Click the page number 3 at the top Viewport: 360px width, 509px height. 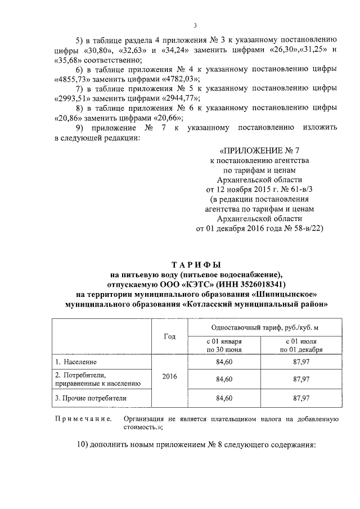point(195,25)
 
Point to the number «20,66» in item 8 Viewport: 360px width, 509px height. point(165,118)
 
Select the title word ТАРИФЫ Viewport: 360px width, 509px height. point(196,264)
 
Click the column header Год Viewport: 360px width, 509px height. point(170,336)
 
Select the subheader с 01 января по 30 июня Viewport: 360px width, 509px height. point(224,345)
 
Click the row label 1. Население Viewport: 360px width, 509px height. point(76,361)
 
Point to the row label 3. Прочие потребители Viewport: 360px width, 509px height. point(91,398)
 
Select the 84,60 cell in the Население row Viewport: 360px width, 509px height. point(224,361)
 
